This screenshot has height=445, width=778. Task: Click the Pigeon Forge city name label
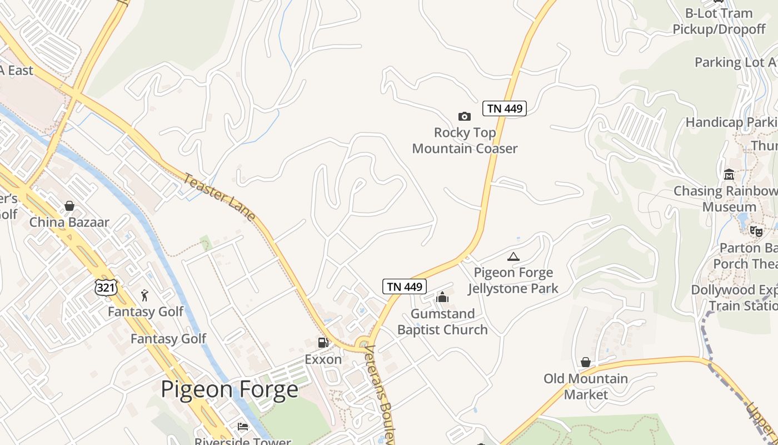[x=229, y=389]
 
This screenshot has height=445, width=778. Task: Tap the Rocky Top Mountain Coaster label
[x=465, y=140]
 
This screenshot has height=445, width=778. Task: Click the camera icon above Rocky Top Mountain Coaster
[x=464, y=116]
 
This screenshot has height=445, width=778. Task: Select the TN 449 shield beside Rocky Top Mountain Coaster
[x=504, y=108]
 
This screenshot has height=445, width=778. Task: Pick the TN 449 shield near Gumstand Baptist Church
[x=405, y=286]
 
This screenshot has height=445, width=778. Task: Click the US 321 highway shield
[x=105, y=287]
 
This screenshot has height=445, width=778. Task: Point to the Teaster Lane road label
[x=219, y=197]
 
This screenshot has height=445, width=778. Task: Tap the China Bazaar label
[x=69, y=222]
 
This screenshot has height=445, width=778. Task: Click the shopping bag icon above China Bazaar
[x=69, y=206]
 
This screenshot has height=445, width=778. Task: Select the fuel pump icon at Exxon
[x=323, y=343]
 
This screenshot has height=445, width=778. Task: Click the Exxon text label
[x=323, y=359]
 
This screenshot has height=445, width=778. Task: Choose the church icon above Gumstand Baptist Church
[x=442, y=297]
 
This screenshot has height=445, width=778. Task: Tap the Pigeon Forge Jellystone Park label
[x=513, y=280]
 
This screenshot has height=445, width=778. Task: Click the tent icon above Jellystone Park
[x=513, y=256]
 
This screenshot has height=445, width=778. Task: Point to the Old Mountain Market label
[x=586, y=387]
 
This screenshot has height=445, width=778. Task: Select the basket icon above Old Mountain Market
[x=585, y=362]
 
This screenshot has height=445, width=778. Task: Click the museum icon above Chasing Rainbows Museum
[x=729, y=175]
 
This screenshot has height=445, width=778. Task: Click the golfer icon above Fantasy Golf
[x=145, y=295]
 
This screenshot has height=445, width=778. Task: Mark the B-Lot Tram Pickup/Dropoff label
[x=719, y=21]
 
